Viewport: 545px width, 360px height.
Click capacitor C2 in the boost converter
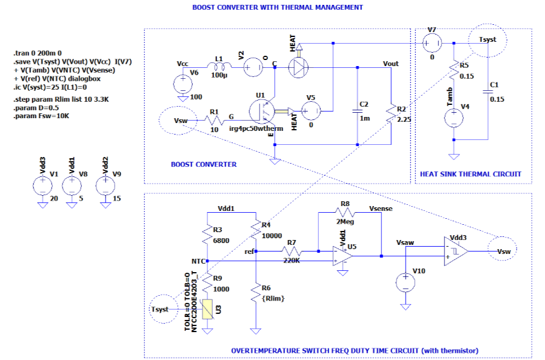pyautogui.click(x=357, y=111)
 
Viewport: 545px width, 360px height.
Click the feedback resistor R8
pyautogui.click(x=345, y=212)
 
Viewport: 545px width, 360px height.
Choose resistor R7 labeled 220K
pyautogui.click(x=292, y=250)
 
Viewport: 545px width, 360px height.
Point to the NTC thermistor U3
pyautogui.click(x=207, y=310)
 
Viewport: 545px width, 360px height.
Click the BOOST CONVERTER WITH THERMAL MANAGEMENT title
pyautogui.click(x=278, y=8)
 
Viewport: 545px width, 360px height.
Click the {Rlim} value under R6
pyautogui.click(x=273, y=299)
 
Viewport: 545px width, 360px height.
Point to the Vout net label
pyautogui.click(x=391, y=63)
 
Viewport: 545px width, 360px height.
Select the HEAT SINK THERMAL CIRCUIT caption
pyautogui.click(x=470, y=174)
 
